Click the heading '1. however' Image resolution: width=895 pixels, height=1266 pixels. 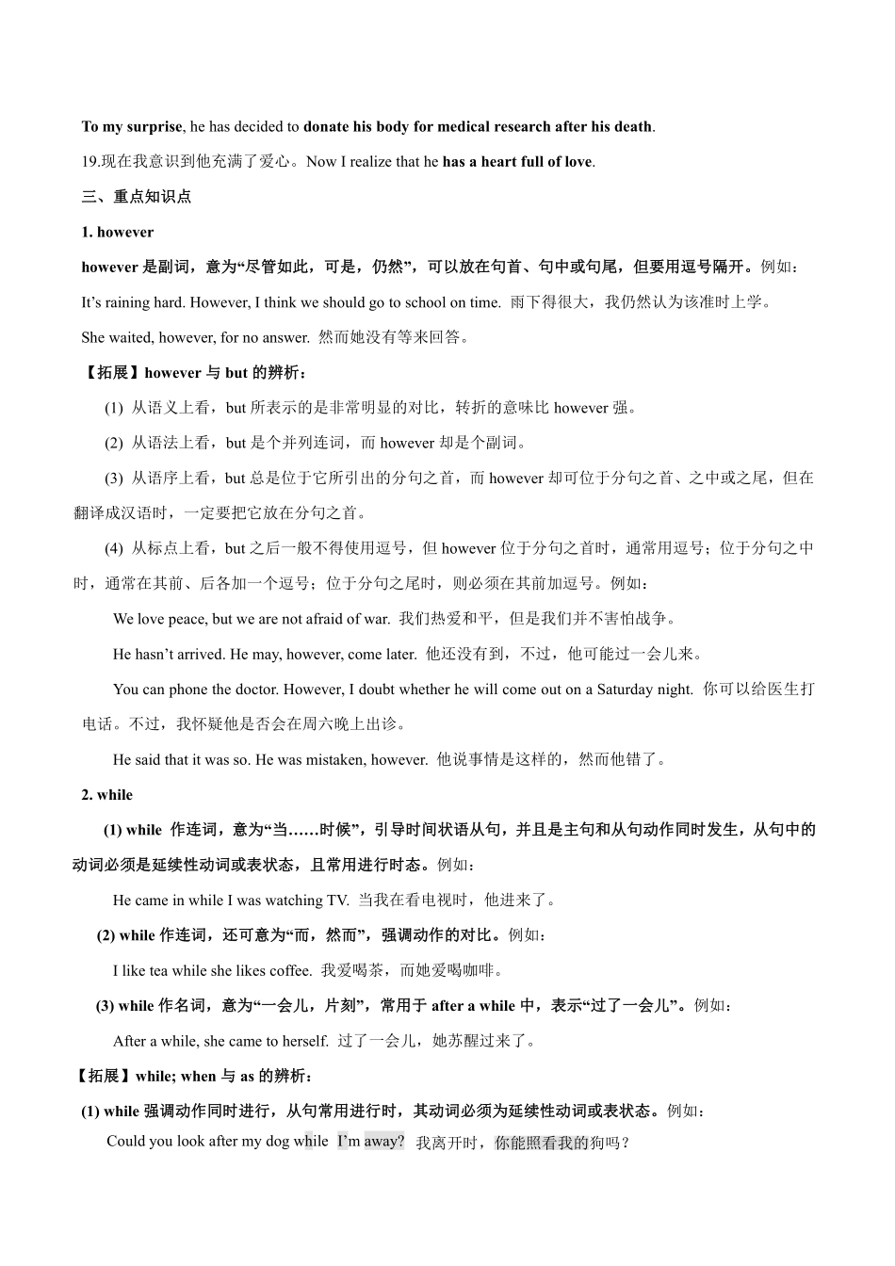pos(118,232)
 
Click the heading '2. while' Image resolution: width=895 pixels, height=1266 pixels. pos(107,794)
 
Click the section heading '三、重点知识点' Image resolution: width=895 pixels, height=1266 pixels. pos(137,197)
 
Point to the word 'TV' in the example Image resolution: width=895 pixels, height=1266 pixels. pos(336,900)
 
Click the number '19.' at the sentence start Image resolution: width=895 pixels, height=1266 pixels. pos(90,162)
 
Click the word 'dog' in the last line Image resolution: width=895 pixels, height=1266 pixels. pos(277,1142)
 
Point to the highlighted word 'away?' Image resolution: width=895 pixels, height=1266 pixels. pos(384,1142)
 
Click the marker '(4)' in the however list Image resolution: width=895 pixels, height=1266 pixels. pos(114,548)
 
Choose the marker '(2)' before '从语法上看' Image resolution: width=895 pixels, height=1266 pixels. pos(114,443)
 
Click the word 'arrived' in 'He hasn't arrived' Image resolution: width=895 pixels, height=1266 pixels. pos(203,654)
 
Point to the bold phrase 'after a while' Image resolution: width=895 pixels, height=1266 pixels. pos(473,1006)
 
